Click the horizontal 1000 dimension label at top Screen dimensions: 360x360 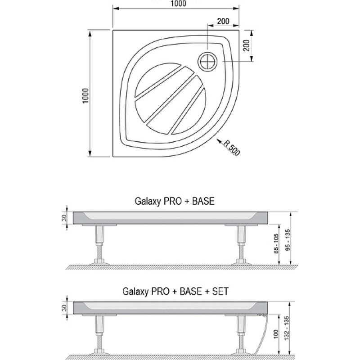pos(179,3)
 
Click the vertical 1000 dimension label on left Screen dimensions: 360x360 pos(85,96)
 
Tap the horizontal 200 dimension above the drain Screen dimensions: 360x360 pos(223,21)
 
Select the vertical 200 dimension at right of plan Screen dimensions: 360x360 pos(246,45)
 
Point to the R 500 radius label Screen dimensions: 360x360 pos(232,148)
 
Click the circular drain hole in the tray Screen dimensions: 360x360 pos(207,62)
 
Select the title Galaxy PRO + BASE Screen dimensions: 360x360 pos(175,201)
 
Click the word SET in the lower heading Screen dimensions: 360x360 pos(220,291)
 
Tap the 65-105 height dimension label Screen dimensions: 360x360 pos(276,243)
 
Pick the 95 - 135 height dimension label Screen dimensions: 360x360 pos(288,240)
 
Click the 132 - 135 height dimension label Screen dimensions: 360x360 pos(287,328)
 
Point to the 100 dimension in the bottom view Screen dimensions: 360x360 pos(276,334)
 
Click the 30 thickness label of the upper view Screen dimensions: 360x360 pos(64,218)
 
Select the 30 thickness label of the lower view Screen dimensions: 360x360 pos(64,308)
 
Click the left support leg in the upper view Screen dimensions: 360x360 pos(99,245)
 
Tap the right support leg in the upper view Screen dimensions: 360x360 pos(241,245)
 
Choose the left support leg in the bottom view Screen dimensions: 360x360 pos(99,335)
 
